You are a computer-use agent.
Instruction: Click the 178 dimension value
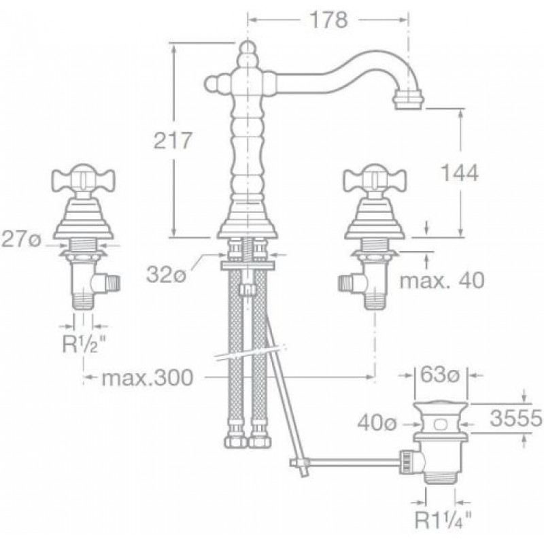[x=328, y=20]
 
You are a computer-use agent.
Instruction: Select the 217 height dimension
[x=173, y=140]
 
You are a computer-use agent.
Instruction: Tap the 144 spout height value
[x=460, y=173]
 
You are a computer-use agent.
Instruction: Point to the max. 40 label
[x=442, y=280]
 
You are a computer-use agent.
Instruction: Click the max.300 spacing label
[x=147, y=377]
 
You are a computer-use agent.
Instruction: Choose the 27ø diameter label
[x=22, y=239]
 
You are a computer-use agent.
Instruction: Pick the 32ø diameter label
[x=167, y=275]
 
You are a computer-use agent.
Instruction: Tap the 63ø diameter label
[x=440, y=375]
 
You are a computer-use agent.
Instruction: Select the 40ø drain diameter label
[x=377, y=423]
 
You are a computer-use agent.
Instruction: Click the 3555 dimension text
[x=516, y=418]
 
